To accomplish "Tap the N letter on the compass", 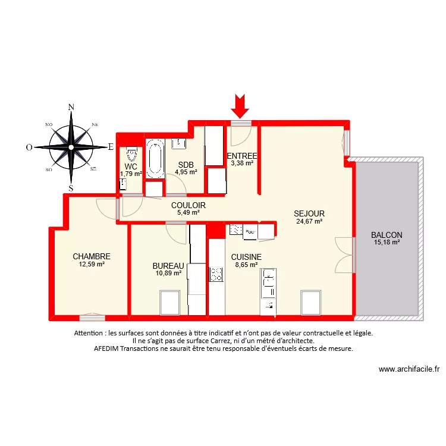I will click(71, 107).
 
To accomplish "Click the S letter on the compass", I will click(71, 188).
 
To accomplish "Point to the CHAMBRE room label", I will click(92, 257).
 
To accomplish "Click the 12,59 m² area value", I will click(92, 265).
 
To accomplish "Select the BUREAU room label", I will click(167, 266).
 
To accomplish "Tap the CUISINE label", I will click(246, 257).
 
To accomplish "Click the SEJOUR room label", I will click(309, 213).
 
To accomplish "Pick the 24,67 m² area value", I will click(309, 221).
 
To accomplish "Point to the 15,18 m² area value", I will click(387, 242).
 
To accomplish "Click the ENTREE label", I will click(242, 156).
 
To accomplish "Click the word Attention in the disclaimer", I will click(89, 334).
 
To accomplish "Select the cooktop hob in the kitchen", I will click(216, 274).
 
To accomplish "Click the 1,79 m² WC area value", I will click(131, 174).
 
